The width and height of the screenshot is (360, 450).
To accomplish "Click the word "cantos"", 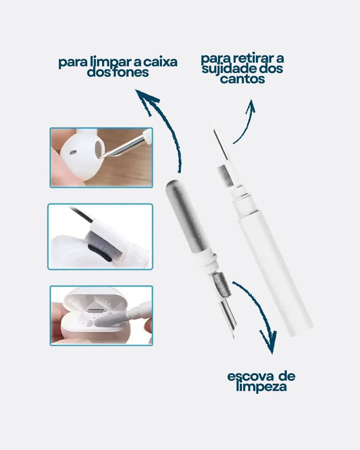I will pyautogui.click(x=242, y=80).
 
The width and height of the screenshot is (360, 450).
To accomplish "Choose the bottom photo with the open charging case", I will pyautogui.click(x=101, y=316).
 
